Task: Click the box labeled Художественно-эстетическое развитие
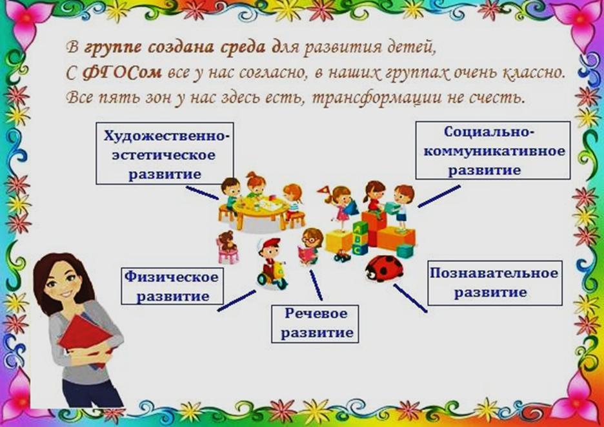165,153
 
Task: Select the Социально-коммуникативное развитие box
492,150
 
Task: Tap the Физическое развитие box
172,286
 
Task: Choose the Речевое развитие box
315,324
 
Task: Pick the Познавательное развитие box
495,283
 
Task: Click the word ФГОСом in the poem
122,73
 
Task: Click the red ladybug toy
384,268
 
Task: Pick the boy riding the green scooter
272,264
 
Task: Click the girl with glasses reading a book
311,246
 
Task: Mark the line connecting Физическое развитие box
237,300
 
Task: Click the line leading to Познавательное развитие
410,298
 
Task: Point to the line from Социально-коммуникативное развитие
439,196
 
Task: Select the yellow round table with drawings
261,210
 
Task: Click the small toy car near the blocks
343,256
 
